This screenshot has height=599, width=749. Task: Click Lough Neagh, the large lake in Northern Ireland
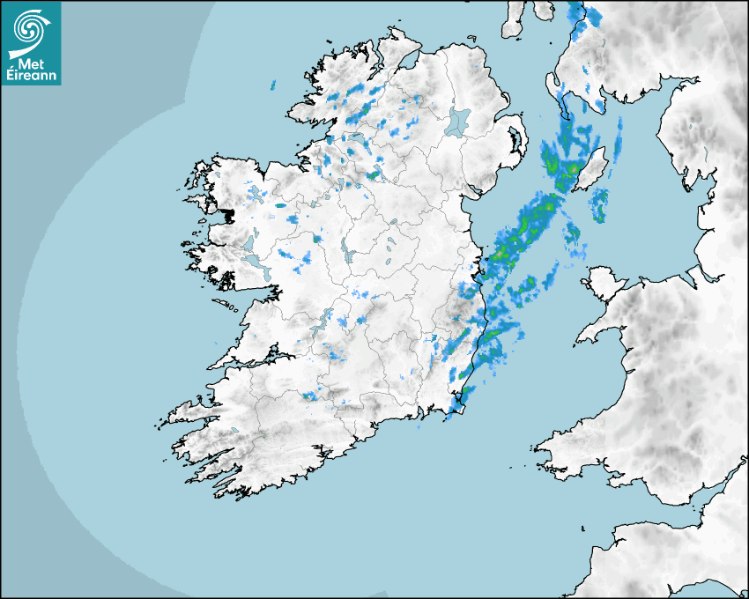(x=458, y=121)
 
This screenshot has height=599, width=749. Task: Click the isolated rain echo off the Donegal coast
(x=273, y=85)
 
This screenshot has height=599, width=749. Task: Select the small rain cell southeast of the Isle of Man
(x=599, y=204)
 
